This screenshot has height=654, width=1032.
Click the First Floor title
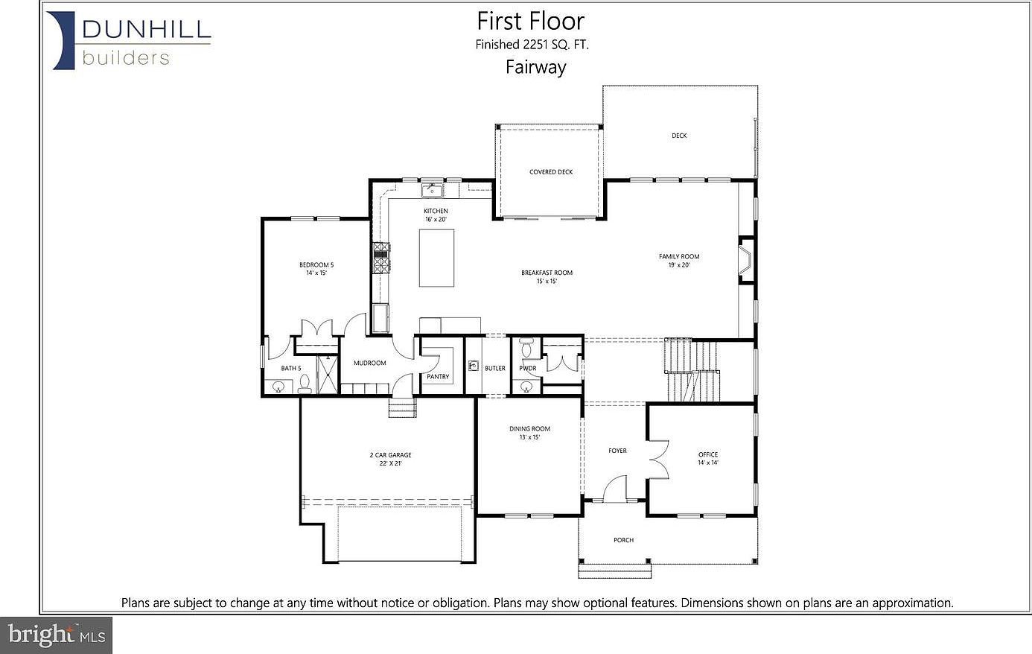point(530,21)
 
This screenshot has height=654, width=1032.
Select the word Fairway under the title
point(535,67)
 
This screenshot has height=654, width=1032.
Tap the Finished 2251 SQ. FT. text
point(532,45)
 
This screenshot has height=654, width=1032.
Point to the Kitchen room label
point(436,215)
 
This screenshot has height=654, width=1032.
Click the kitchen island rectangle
point(436,258)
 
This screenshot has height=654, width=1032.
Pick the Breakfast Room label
point(547,276)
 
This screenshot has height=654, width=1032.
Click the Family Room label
point(678,260)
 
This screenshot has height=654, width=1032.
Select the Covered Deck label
point(551,172)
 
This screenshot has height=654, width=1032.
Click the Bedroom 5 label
point(316,268)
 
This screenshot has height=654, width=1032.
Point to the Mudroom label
point(369,363)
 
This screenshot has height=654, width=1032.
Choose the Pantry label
point(438,377)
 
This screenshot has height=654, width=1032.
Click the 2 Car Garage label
point(390,459)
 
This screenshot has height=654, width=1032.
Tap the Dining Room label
point(529,432)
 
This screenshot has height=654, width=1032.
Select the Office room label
point(708,458)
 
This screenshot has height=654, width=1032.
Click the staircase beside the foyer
point(692,369)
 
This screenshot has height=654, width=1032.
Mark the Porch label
point(623,540)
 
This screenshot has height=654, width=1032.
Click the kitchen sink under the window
point(432,191)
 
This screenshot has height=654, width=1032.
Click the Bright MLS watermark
point(57,635)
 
